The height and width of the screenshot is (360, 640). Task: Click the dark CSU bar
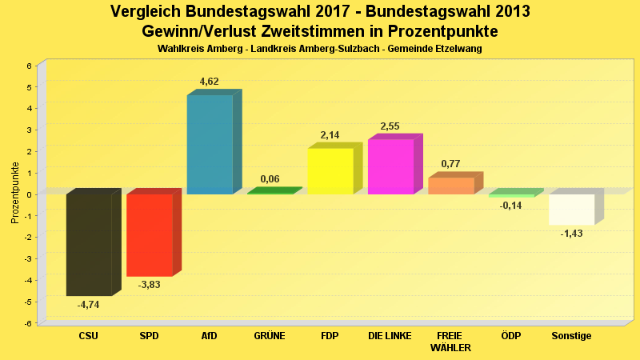pyautogui.click(x=88, y=245)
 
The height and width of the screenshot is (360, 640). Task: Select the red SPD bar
pyautogui.click(x=150, y=235)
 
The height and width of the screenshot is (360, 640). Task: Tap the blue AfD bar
pyautogui.click(x=210, y=144)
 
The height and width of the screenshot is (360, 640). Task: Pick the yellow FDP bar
pyautogui.click(x=330, y=170)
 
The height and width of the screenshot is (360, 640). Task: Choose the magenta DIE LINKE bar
pyautogui.click(x=390, y=166)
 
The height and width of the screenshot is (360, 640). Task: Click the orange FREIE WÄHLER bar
pyautogui.click(x=451, y=186)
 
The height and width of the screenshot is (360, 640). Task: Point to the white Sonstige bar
pyautogui.click(x=571, y=209)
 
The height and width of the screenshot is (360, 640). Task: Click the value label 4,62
pyautogui.click(x=209, y=82)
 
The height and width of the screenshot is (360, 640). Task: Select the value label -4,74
pyautogui.click(x=88, y=305)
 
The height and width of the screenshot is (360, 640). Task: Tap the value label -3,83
pyautogui.click(x=150, y=285)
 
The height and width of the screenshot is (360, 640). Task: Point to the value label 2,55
pyautogui.click(x=390, y=126)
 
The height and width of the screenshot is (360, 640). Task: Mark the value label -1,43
pyautogui.click(x=572, y=234)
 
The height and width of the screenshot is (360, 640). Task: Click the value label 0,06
pyautogui.click(x=270, y=179)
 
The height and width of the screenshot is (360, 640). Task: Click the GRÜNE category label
pyautogui.click(x=270, y=336)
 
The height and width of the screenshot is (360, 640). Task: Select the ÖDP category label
pyautogui.click(x=510, y=336)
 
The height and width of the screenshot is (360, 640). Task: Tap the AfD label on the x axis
pyautogui.click(x=210, y=336)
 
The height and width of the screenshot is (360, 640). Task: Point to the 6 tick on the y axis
pyautogui.click(x=29, y=66)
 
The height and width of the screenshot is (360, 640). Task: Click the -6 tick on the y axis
pyautogui.click(x=28, y=323)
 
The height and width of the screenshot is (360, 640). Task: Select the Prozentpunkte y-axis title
pyautogui.click(x=15, y=193)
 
